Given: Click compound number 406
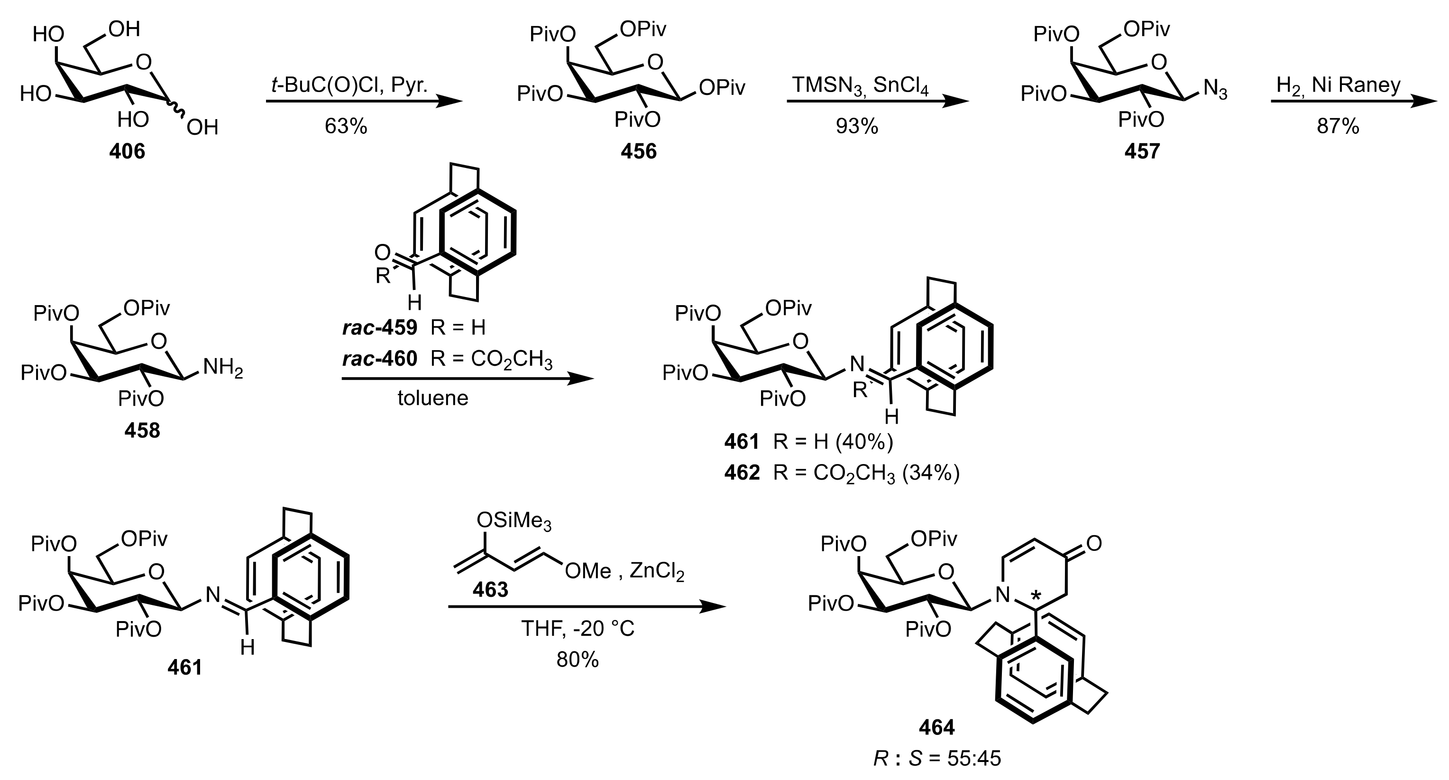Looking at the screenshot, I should [x=127, y=151].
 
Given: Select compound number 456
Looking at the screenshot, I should [x=638, y=151].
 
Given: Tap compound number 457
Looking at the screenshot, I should [x=1142, y=151].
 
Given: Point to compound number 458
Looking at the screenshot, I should [x=142, y=430].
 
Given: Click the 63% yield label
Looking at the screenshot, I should [x=345, y=126].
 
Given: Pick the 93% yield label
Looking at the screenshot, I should [x=856, y=126].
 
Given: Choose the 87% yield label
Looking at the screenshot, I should [x=1338, y=126].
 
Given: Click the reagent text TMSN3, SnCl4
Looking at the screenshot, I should [x=861, y=85].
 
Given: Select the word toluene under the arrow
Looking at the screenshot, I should [x=432, y=398].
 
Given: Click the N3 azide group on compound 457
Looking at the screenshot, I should [x=1215, y=90].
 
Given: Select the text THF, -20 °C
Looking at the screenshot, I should [x=578, y=628].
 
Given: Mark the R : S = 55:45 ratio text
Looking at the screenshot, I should [x=937, y=759].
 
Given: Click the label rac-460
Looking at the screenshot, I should [x=380, y=359].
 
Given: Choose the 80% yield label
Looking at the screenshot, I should [x=578, y=659].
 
